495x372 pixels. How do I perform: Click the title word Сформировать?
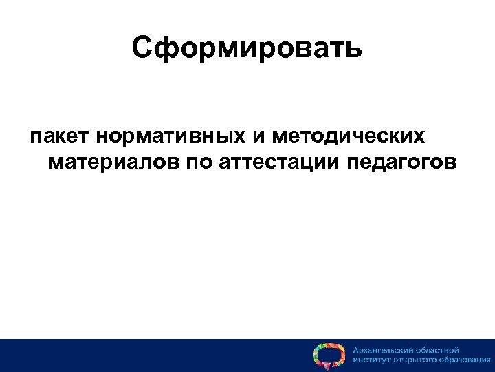point(247,49)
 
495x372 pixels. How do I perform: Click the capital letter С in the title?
point(141,49)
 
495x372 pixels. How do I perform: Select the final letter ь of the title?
point(353,49)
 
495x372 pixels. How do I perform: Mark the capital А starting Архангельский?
point(356,350)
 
